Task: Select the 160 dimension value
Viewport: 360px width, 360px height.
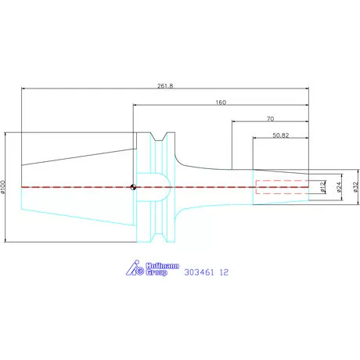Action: [x=221, y=103]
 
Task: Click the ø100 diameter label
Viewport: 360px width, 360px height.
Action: [x=4, y=187]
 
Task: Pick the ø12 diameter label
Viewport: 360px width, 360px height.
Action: [x=323, y=186]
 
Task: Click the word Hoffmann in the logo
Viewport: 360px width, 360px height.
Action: [x=161, y=267]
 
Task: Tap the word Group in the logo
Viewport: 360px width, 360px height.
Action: [x=157, y=275]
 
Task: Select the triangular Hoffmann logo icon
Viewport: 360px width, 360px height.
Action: [x=134, y=271]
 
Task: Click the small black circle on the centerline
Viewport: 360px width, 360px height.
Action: [x=134, y=187]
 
